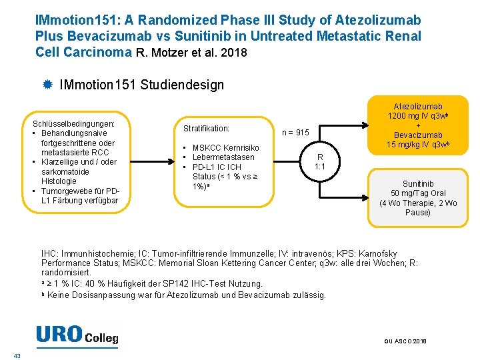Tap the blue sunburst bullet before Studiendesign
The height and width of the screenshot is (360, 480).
click(47, 85)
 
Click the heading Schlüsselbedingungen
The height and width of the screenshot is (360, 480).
click(73, 123)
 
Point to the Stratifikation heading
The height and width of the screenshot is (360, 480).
click(206, 128)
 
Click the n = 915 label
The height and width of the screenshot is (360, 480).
click(295, 133)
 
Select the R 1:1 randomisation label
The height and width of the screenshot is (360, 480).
click(319, 161)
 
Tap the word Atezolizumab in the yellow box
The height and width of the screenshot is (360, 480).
click(418, 106)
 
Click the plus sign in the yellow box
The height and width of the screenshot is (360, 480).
click(418, 126)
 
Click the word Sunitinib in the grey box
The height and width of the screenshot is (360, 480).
click(418, 183)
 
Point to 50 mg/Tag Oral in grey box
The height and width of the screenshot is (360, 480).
click(418, 193)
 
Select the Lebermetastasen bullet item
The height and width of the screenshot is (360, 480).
click(223, 157)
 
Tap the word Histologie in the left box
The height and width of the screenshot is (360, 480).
click(59, 181)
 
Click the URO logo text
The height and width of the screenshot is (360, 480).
click(59, 335)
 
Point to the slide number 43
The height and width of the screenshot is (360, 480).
click(17, 355)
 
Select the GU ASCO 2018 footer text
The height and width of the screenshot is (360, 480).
click(405, 341)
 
